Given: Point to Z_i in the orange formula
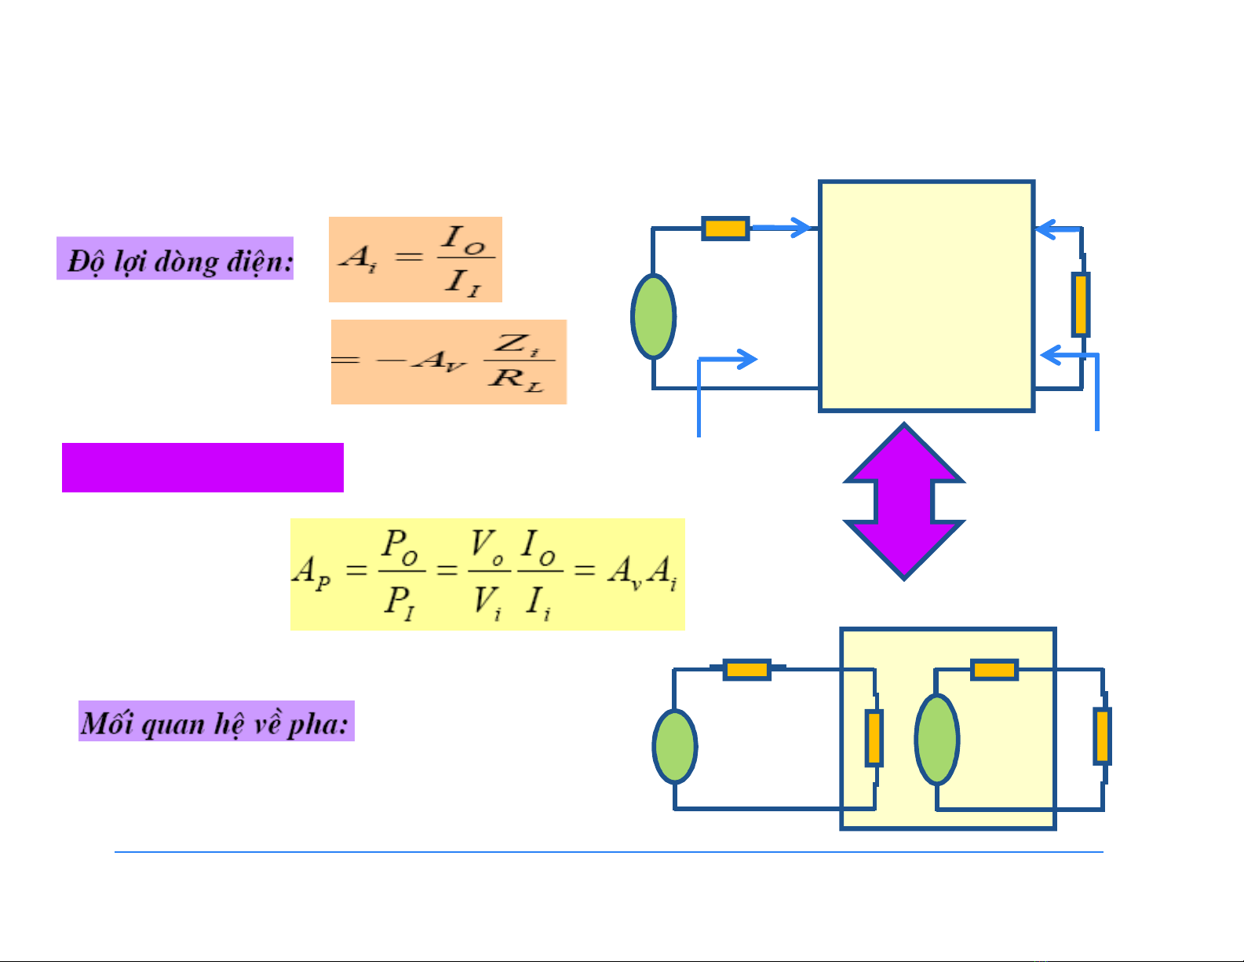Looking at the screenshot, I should click(x=518, y=344).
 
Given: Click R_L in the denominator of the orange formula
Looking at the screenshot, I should click(x=516, y=379).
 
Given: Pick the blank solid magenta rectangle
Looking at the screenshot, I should click(x=202, y=467).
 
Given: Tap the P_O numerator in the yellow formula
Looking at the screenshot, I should click(x=400, y=547).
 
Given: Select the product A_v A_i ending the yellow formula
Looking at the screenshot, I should click(x=641, y=571).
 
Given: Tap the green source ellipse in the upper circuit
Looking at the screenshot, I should click(x=653, y=316).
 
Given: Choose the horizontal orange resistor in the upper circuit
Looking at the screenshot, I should click(x=724, y=229).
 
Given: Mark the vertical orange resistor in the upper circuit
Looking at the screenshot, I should click(x=1081, y=304).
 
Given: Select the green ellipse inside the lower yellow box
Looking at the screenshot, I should click(x=937, y=739).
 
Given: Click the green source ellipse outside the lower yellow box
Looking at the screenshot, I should click(x=675, y=747).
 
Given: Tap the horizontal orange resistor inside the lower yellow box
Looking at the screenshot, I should click(x=994, y=670).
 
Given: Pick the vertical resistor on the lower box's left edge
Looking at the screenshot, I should click(x=874, y=737).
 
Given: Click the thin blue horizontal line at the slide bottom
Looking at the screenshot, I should click(x=608, y=851).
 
